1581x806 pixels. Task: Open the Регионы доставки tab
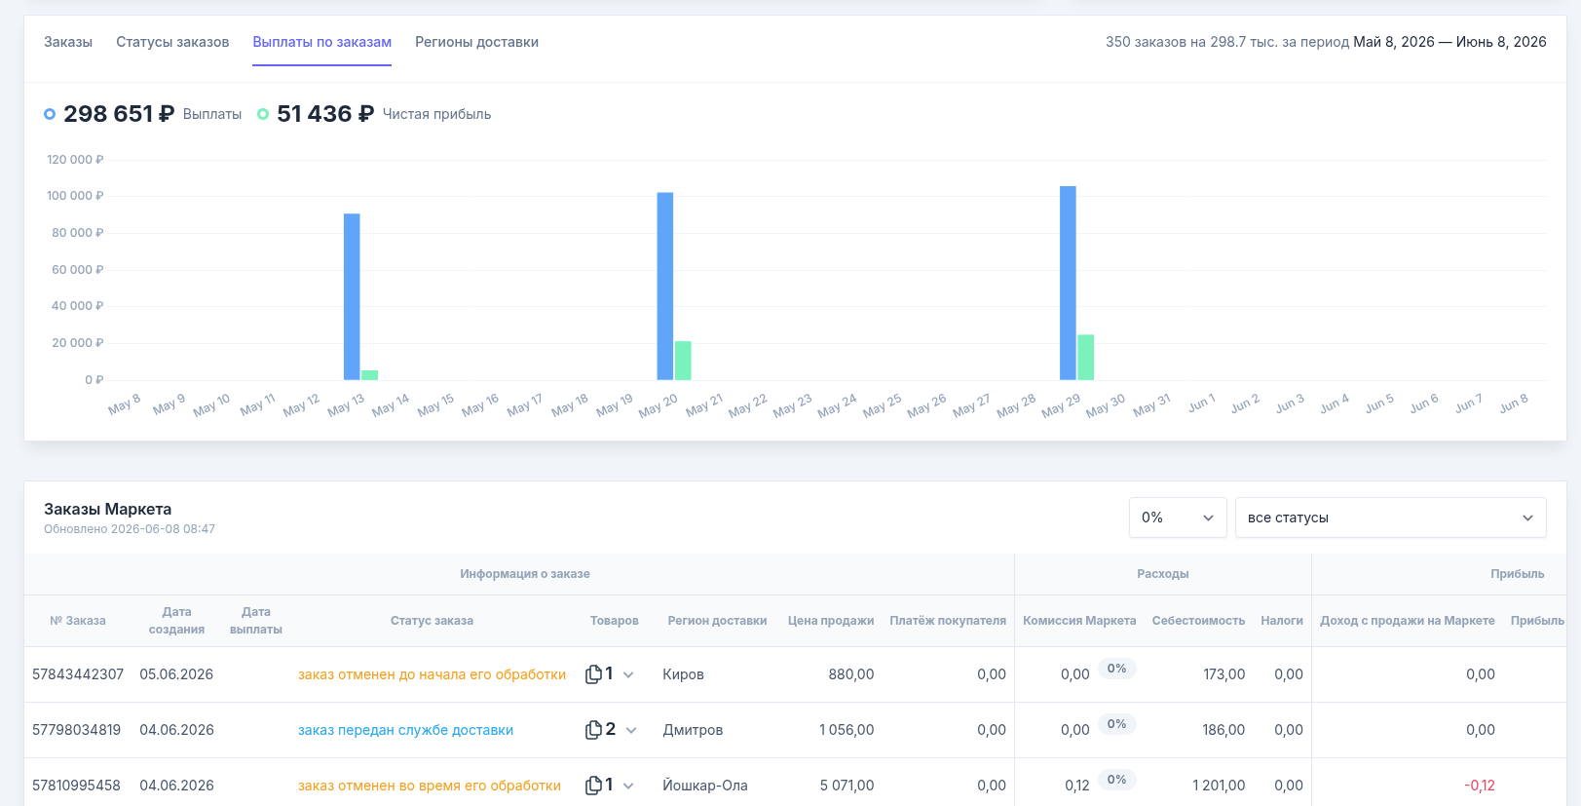click(x=476, y=42)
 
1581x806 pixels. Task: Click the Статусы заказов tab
click(x=172, y=42)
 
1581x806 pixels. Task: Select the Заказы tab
click(x=68, y=42)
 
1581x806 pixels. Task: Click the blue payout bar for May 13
click(x=352, y=296)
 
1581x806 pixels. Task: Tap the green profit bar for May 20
click(x=683, y=361)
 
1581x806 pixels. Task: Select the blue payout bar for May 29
click(x=1068, y=283)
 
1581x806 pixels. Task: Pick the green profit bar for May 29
click(x=1085, y=358)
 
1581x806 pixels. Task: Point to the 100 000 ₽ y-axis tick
click(x=75, y=196)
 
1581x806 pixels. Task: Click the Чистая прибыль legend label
click(x=436, y=114)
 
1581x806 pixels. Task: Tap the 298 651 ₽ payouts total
click(x=119, y=114)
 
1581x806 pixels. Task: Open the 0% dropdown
click(x=1178, y=518)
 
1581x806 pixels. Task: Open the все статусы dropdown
click(x=1390, y=518)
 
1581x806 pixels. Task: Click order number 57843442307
click(x=78, y=674)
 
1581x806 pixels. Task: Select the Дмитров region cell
click(x=693, y=730)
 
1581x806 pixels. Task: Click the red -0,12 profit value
click(x=1480, y=786)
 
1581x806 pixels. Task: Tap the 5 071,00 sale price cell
click(x=847, y=786)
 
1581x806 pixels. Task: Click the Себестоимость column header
click(x=1198, y=620)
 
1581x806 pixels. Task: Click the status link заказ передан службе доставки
click(x=405, y=730)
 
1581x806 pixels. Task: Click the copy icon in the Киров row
click(x=593, y=673)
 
